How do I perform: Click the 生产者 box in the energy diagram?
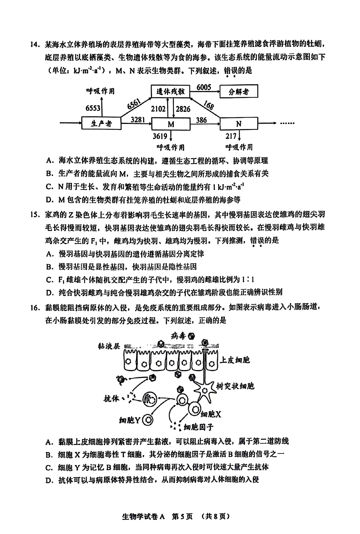[101, 124]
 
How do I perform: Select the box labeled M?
[171, 124]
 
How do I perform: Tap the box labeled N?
[239, 124]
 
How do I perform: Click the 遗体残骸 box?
[171, 92]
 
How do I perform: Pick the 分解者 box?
[239, 92]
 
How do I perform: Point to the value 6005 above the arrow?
[204, 87]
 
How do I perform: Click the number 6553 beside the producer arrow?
[93, 108]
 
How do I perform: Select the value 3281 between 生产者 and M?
[138, 119]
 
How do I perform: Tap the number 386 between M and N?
[201, 120]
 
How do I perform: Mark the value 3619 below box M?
[160, 136]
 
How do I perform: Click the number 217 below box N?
[231, 136]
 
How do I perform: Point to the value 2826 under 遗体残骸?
[183, 109]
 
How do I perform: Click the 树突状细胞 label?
[235, 386]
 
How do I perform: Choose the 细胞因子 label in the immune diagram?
[198, 428]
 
